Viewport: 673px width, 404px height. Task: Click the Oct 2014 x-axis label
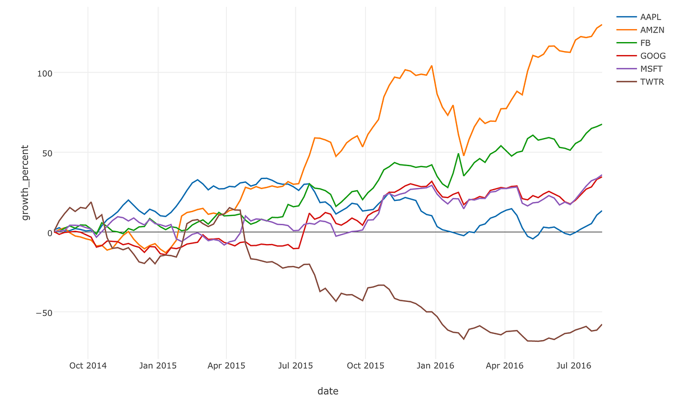click(x=88, y=366)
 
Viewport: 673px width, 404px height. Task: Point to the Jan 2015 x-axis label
click(x=158, y=366)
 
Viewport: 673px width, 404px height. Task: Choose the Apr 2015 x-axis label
click(x=227, y=366)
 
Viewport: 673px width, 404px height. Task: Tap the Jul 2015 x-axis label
click(x=296, y=366)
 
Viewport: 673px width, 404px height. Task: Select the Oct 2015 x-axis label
click(x=365, y=366)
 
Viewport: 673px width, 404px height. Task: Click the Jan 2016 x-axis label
click(x=435, y=366)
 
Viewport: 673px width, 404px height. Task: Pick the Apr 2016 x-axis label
click(x=504, y=366)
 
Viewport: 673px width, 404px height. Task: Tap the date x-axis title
click(x=328, y=391)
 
